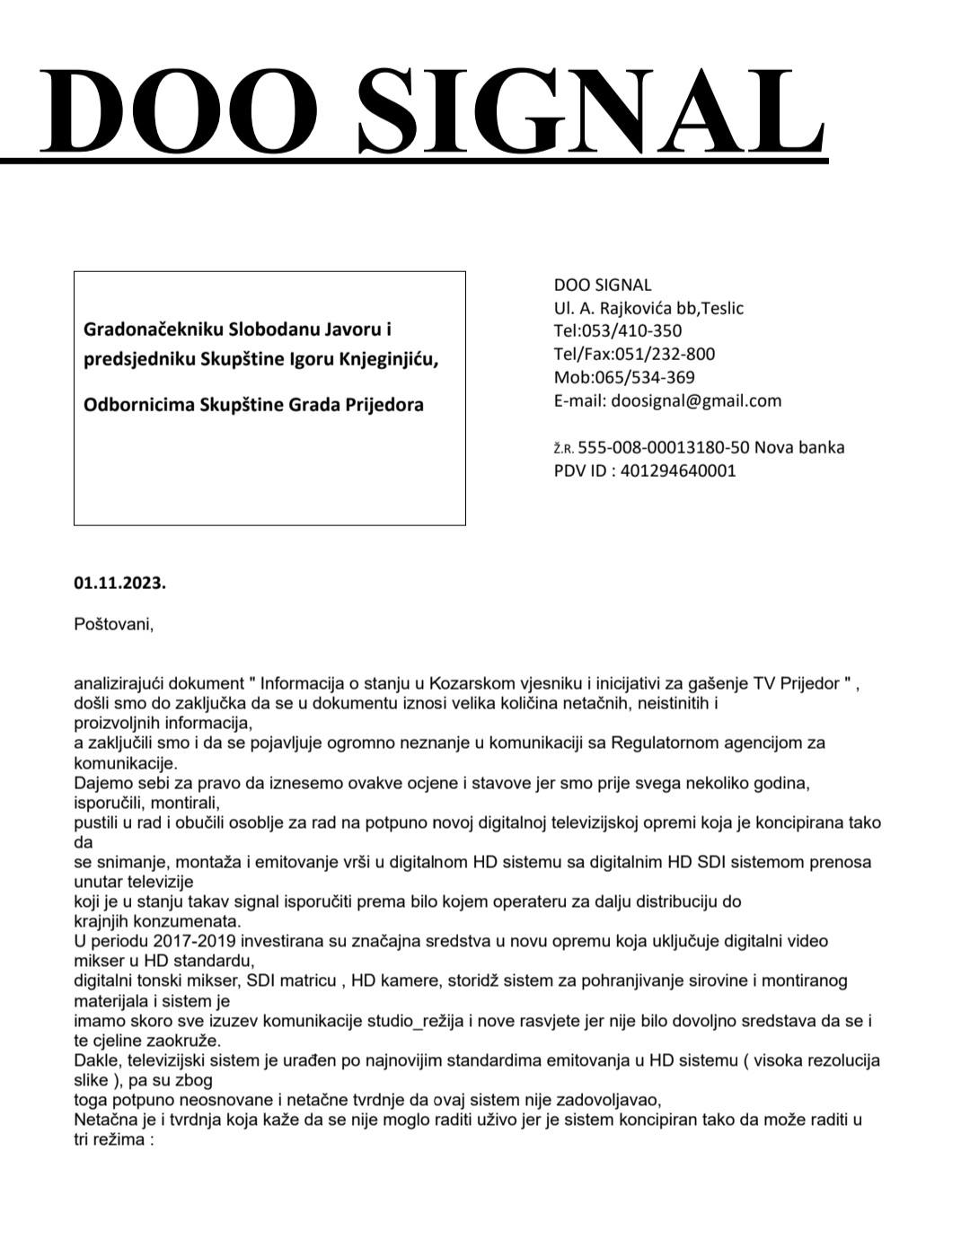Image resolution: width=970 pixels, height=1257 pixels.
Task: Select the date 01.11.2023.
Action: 119,583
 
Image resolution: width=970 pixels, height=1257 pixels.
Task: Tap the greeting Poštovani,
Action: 113,624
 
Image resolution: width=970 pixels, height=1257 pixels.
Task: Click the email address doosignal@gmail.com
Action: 696,400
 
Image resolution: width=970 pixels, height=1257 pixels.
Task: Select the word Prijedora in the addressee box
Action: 382,404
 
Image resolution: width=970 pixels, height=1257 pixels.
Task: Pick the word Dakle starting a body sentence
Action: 96,1059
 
